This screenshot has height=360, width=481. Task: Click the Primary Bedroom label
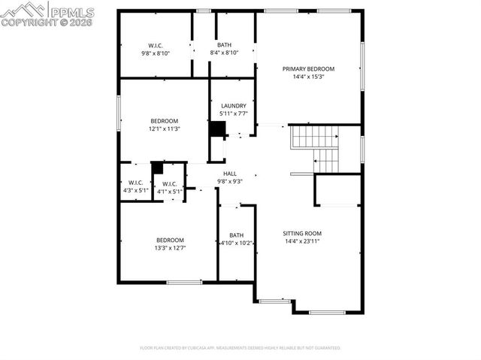(x=308, y=68)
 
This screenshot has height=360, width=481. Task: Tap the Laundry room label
(x=233, y=106)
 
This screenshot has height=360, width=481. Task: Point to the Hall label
(x=229, y=174)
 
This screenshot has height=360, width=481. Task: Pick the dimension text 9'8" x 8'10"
(x=156, y=53)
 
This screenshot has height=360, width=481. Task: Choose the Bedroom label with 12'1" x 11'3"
(x=164, y=121)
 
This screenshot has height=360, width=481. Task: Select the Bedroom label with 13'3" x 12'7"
(x=170, y=240)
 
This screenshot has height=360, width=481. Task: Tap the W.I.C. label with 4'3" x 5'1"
(x=135, y=183)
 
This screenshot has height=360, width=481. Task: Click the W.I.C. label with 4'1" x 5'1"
(x=169, y=183)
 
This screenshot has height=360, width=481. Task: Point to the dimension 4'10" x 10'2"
(x=237, y=244)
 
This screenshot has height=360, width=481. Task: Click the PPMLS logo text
(x=71, y=12)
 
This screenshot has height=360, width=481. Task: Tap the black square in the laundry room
(x=217, y=129)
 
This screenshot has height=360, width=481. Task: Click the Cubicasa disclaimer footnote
(x=240, y=348)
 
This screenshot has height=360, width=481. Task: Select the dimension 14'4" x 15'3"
(x=308, y=77)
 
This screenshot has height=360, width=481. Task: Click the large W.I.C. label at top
(x=156, y=45)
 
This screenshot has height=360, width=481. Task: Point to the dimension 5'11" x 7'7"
(x=233, y=114)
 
